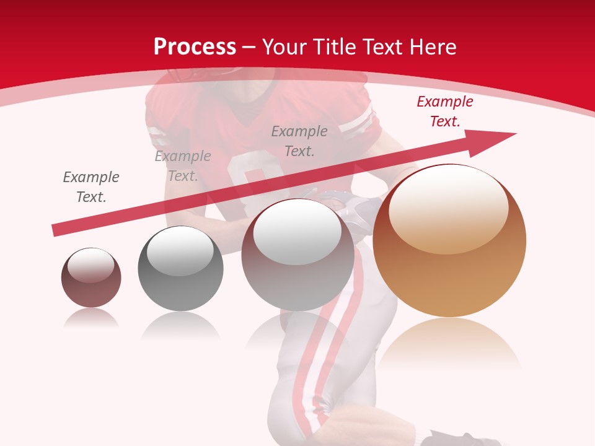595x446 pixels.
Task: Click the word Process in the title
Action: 195,47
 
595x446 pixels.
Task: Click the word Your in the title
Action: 283,47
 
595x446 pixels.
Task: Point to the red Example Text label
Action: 444,111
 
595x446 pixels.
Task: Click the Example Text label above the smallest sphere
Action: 91,187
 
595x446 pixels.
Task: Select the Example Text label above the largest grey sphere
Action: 299,141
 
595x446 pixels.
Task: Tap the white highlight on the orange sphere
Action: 448,211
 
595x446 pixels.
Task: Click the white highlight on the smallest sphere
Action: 91,265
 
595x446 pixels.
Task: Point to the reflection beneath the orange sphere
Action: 449,344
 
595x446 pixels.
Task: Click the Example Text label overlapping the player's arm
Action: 183,166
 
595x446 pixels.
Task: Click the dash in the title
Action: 249,47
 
